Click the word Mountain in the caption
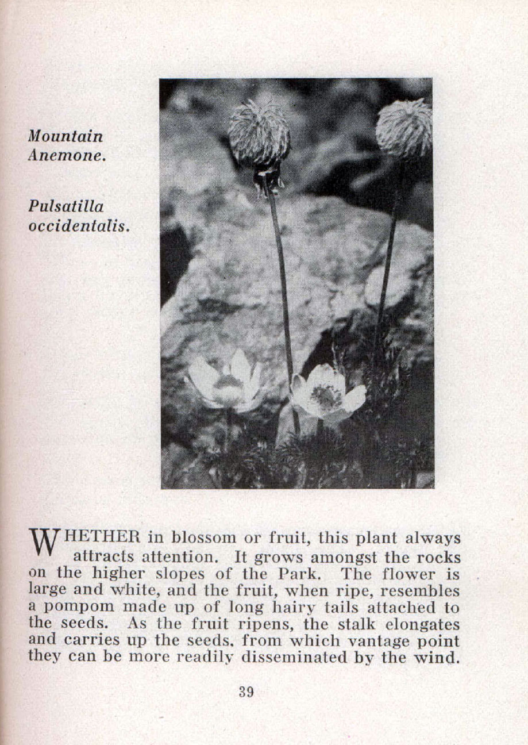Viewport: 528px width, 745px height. tap(66, 137)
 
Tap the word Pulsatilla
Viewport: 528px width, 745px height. tap(66, 207)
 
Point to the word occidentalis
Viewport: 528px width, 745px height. tap(79, 225)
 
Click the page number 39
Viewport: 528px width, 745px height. tap(246, 692)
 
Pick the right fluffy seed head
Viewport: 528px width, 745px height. tap(404, 129)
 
